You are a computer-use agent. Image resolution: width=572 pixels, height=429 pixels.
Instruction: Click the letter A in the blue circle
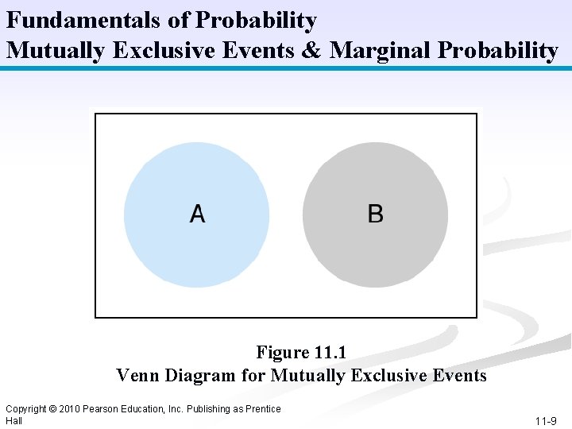tap(197, 214)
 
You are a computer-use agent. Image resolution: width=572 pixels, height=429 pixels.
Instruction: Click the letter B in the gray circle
tap(376, 214)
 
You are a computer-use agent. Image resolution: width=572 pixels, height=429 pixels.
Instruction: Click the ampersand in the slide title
tap(312, 51)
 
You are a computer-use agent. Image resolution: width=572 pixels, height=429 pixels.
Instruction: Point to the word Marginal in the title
tap(381, 51)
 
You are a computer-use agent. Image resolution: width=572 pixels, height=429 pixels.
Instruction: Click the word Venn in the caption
tap(137, 375)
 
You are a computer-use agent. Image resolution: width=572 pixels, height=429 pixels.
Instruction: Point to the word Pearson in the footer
tap(102, 409)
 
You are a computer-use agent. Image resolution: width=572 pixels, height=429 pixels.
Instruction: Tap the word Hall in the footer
tap(14, 420)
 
